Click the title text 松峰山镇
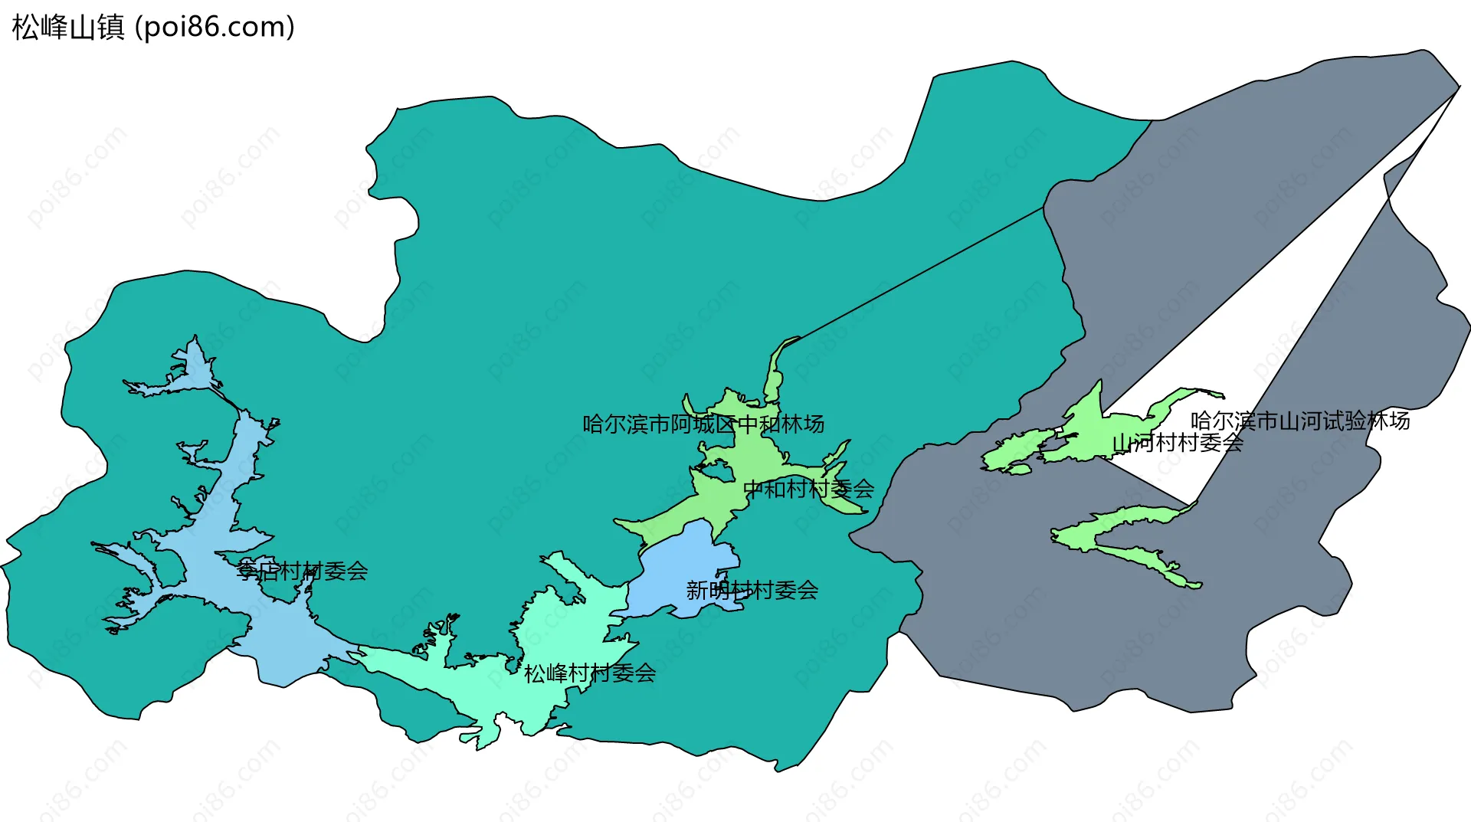[x=68, y=28]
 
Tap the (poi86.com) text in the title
[x=215, y=28]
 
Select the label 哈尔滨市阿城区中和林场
[x=703, y=424]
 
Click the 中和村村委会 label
[x=808, y=489]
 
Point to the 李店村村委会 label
[x=302, y=571]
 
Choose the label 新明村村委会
[x=752, y=590]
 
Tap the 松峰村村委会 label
[x=589, y=673]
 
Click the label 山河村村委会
[x=1177, y=442]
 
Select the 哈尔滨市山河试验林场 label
[x=1299, y=421]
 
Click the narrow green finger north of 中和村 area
[x=775, y=375]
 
